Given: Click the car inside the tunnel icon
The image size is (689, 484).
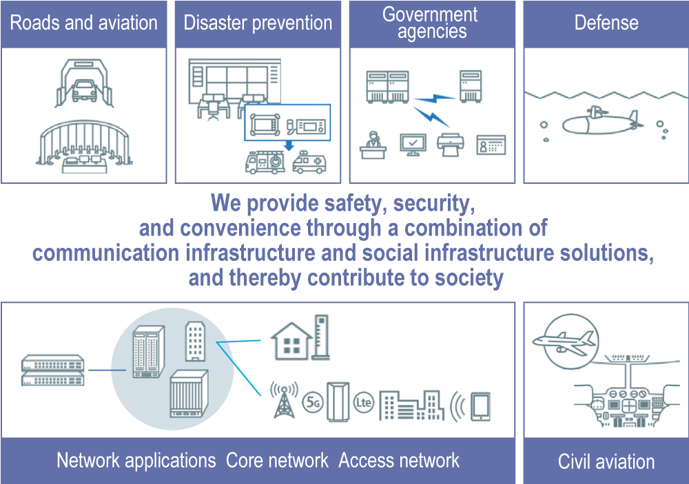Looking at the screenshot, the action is [x=84, y=91].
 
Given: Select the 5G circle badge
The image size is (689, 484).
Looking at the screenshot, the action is [x=312, y=402].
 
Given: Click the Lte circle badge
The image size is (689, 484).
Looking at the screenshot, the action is [x=363, y=402].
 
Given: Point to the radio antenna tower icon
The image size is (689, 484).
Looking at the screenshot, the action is [x=284, y=400].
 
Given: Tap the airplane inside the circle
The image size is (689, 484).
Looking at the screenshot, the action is [x=565, y=343].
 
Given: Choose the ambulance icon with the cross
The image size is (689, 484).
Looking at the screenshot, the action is [x=309, y=162].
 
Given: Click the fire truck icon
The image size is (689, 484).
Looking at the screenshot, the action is [x=265, y=162].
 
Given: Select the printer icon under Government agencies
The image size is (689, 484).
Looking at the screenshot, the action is [x=451, y=144].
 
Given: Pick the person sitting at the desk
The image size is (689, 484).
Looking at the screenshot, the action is [x=373, y=145].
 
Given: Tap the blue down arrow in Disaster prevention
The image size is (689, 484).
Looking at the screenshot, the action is [x=289, y=145].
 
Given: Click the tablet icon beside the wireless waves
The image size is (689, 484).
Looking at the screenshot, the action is [x=480, y=407].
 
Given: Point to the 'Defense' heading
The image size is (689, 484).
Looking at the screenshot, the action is [x=606, y=23].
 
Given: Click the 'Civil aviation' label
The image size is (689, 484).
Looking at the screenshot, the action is [x=606, y=461].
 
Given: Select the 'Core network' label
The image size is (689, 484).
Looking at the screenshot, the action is [x=277, y=461].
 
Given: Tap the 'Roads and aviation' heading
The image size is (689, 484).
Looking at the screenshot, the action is [x=84, y=23].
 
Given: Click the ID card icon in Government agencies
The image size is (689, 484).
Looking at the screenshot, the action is [x=491, y=145].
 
